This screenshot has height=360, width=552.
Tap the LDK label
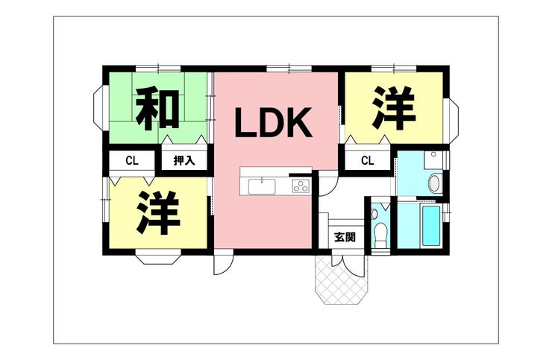pyautogui.click(x=273, y=122)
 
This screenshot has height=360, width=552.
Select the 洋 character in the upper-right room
pyautogui.click(x=394, y=107)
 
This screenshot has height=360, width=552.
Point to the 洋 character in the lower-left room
pyautogui.click(x=158, y=212)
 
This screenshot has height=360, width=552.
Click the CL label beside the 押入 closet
pyautogui.click(x=132, y=161)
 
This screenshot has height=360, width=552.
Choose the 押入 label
pyautogui.click(x=184, y=161)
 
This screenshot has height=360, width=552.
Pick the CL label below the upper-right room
pyautogui.click(x=368, y=161)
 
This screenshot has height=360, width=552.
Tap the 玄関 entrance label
pyautogui.click(x=345, y=237)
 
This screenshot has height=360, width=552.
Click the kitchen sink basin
pyautogui.click(x=262, y=186)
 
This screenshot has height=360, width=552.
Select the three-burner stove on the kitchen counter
pyautogui.click(x=301, y=186)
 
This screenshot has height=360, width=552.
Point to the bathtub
pyautogui.click(x=431, y=226)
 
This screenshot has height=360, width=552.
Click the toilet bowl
pyautogui.click(x=380, y=235)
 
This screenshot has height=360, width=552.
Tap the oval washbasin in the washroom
pyautogui.click(x=435, y=183)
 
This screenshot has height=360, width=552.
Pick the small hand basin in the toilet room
pyautogui.click(x=374, y=214)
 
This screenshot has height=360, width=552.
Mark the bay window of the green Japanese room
pyautogui.click(x=98, y=108)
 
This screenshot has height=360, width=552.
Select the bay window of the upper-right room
pyautogui.click(x=454, y=121)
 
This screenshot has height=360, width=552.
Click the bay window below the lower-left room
pyautogui.click(x=158, y=259)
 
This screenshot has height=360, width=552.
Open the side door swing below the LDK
pyautogui.click(x=222, y=265)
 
